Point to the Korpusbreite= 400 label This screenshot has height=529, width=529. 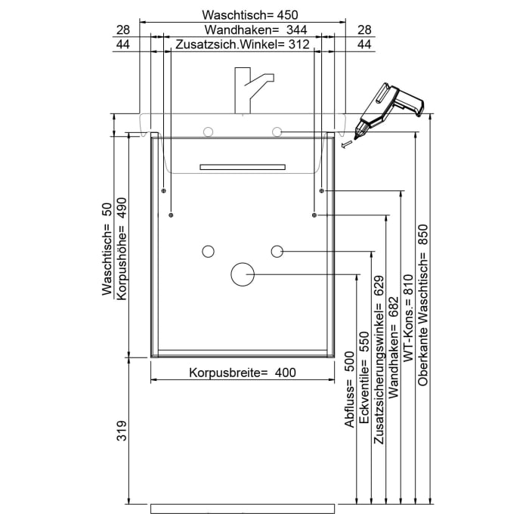click(x=242, y=373)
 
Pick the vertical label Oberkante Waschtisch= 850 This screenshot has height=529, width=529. click(x=422, y=305)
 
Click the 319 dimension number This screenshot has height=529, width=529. click(x=122, y=431)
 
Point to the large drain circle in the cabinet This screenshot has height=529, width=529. click(x=242, y=274)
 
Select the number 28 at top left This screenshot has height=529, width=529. click(x=122, y=30)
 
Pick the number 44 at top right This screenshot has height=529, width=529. click(x=364, y=45)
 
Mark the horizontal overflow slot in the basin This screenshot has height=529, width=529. click(x=243, y=166)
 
